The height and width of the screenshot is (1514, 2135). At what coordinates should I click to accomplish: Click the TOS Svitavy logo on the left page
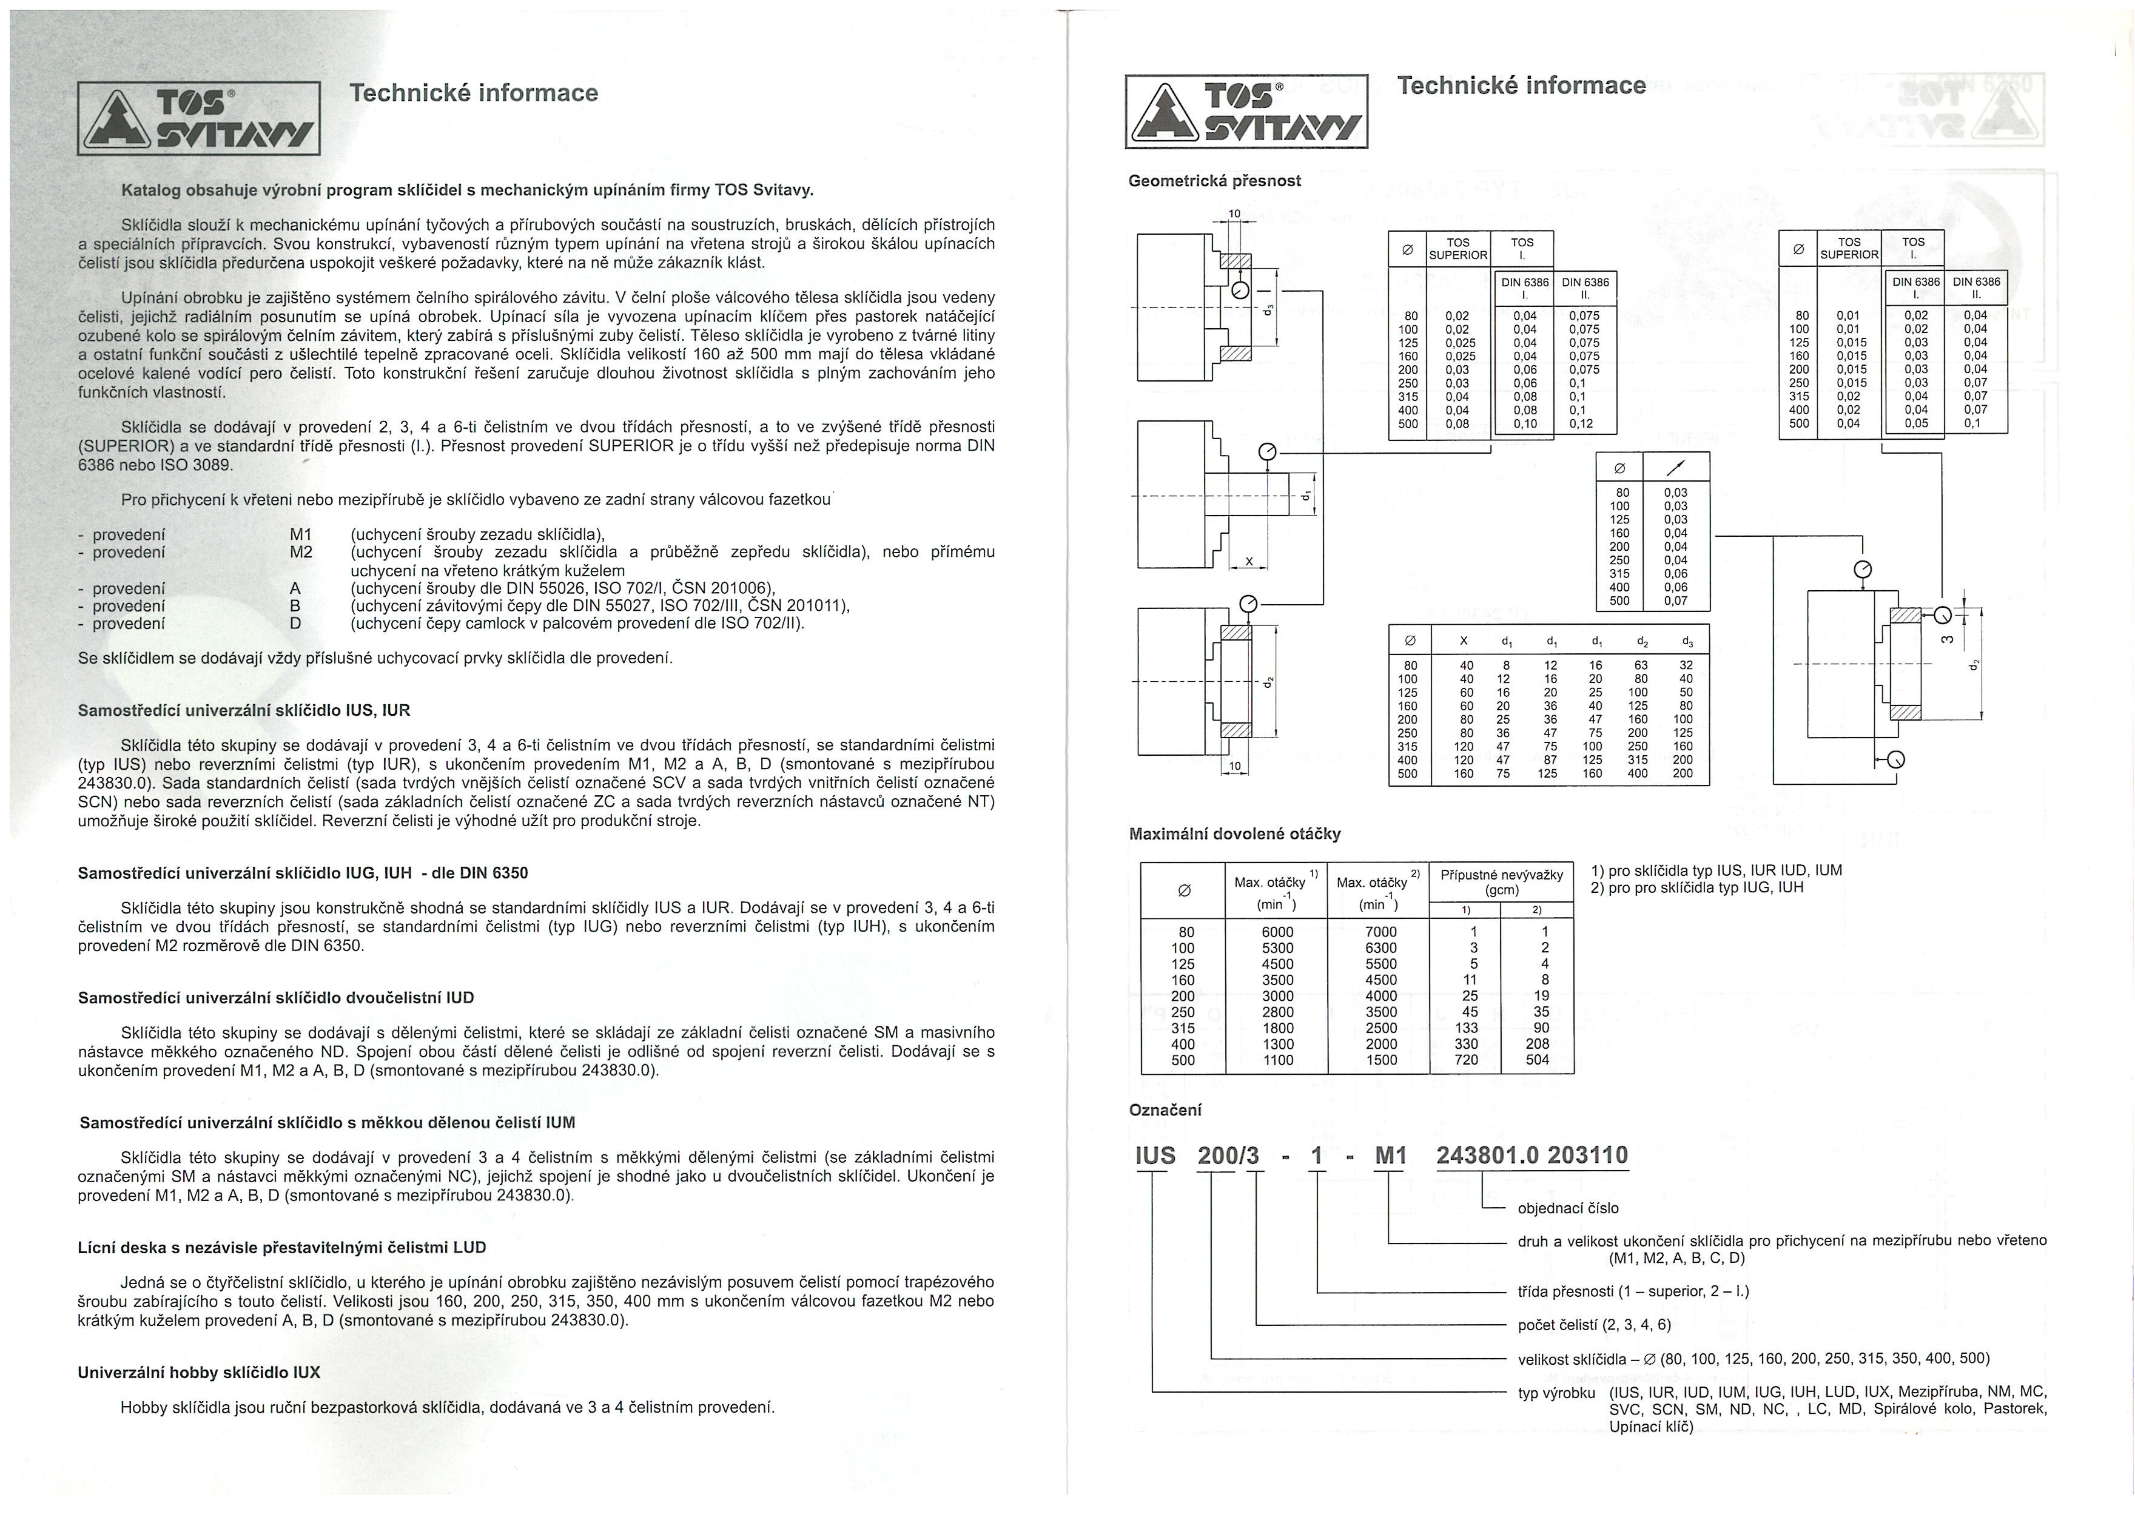coord(198,118)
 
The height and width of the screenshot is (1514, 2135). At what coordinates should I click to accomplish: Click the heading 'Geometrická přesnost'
coord(1214,181)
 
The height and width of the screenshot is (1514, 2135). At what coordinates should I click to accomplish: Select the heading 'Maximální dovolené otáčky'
coord(1234,833)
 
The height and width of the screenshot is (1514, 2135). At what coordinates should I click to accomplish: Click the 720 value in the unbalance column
coord(1467,1060)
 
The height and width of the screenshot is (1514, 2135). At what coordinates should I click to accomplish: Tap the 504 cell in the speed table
coord(1538,1060)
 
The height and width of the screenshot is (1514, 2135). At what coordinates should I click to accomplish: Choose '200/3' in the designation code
coord(1228,1156)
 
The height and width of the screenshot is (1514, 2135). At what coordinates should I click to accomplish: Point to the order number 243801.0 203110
coord(1531,1156)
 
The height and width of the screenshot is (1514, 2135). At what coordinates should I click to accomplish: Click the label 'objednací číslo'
coord(1568,1208)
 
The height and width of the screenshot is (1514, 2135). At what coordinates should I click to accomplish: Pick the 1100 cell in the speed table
coord(1277,1060)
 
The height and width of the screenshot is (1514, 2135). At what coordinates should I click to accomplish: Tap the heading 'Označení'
coord(1165,1111)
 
